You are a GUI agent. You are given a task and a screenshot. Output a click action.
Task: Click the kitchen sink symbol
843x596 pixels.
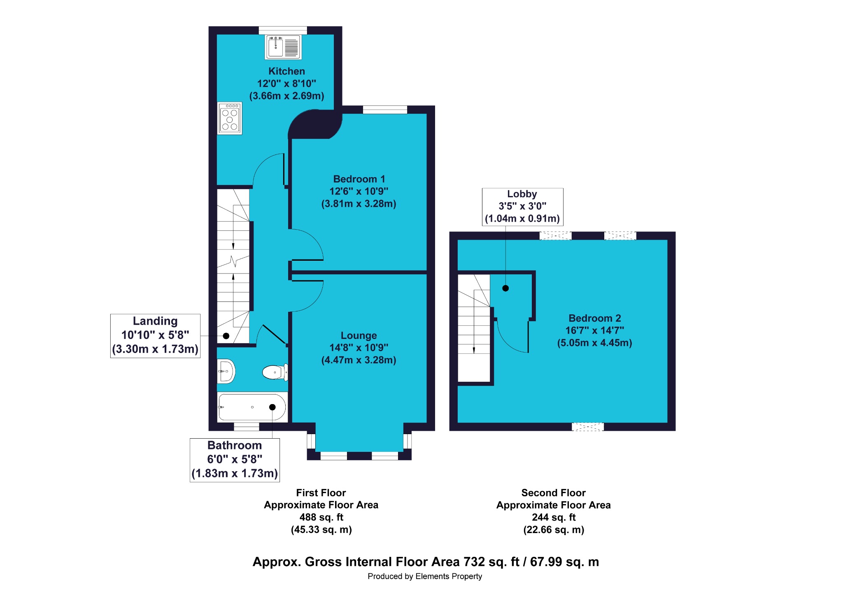pos(283,47)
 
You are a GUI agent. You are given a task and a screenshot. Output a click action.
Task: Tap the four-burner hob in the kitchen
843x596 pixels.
pos(230,118)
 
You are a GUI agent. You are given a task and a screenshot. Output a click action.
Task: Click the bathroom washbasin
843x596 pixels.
pos(226,371)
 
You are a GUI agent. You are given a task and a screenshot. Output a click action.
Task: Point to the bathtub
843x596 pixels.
pos(252,407)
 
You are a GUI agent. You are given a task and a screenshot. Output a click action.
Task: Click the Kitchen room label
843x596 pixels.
pos(286,71)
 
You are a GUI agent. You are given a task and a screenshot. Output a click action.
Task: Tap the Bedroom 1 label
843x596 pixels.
pos(359,179)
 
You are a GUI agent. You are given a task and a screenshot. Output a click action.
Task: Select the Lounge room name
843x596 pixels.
pos(359,336)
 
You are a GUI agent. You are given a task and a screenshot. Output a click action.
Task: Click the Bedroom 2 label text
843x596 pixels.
pos(595,318)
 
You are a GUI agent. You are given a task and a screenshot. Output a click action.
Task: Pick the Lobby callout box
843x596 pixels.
pos(522,207)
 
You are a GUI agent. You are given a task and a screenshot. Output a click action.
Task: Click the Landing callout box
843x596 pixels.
pos(155,336)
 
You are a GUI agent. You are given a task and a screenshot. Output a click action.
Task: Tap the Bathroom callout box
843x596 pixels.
pos(235,460)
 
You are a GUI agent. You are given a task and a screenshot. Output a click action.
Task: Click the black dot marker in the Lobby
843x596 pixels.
pos(505,288)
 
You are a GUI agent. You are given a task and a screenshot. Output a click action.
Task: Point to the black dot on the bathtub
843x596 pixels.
pos(272,407)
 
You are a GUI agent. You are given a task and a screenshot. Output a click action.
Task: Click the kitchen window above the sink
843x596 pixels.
pos(283,30)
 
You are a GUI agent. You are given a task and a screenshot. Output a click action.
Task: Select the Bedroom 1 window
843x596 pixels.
pos(385,110)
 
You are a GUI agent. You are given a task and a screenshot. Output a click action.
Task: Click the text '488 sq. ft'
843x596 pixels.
pos(321,517)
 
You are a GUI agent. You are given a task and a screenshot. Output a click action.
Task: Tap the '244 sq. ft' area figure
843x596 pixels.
pos(554,517)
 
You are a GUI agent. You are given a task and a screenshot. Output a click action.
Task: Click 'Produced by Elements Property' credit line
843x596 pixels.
pos(425,576)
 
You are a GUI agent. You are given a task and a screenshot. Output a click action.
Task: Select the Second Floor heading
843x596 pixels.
pos(554,493)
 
